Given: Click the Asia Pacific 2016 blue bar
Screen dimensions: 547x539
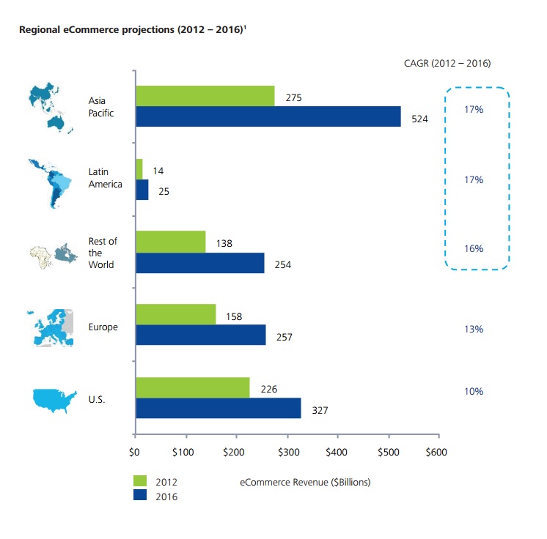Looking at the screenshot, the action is [x=268, y=116].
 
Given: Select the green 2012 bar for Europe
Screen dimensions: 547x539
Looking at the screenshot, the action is [x=176, y=314].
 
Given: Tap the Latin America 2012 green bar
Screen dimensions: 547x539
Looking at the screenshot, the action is [x=139, y=169].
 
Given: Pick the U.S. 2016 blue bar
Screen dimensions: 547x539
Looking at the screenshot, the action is [x=219, y=408].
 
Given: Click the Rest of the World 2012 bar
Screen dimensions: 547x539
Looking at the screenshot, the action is [x=171, y=242].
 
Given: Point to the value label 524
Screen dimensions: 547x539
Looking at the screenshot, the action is [x=419, y=119].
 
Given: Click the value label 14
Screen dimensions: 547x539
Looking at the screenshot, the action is [x=158, y=171].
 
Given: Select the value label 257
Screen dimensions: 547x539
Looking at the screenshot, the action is [x=284, y=337].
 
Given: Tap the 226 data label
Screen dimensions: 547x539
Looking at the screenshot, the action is [x=269, y=389].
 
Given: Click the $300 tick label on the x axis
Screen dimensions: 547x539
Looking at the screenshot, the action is [x=288, y=452].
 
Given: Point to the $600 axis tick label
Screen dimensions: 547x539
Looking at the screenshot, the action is [x=436, y=452].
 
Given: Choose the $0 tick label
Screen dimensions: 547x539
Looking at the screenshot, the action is [x=134, y=452].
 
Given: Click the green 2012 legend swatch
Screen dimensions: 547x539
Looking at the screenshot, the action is [x=140, y=481].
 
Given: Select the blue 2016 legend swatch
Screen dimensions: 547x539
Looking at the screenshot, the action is [x=140, y=495].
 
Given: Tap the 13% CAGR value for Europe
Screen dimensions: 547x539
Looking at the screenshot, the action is [x=474, y=329].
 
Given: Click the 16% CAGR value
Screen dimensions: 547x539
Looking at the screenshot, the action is [x=474, y=248].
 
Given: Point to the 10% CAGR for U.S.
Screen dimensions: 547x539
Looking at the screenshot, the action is [x=474, y=391].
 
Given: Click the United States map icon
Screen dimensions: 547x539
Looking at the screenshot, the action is [x=54, y=400].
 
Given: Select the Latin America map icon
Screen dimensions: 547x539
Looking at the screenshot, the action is [x=51, y=184].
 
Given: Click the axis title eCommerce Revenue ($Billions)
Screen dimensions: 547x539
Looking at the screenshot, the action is [x=305, y=482].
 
